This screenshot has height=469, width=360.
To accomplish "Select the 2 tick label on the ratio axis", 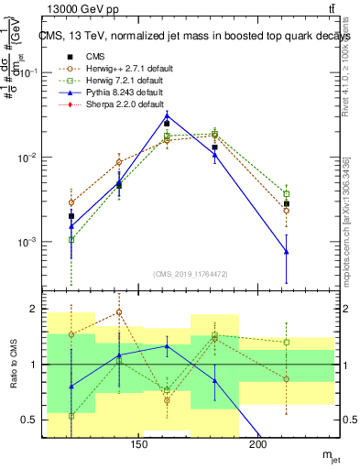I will click(37, 309).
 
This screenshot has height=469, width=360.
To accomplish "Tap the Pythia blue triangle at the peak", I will click(167, 116).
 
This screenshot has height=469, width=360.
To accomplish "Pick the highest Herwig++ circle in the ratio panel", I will click(119, 312).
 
